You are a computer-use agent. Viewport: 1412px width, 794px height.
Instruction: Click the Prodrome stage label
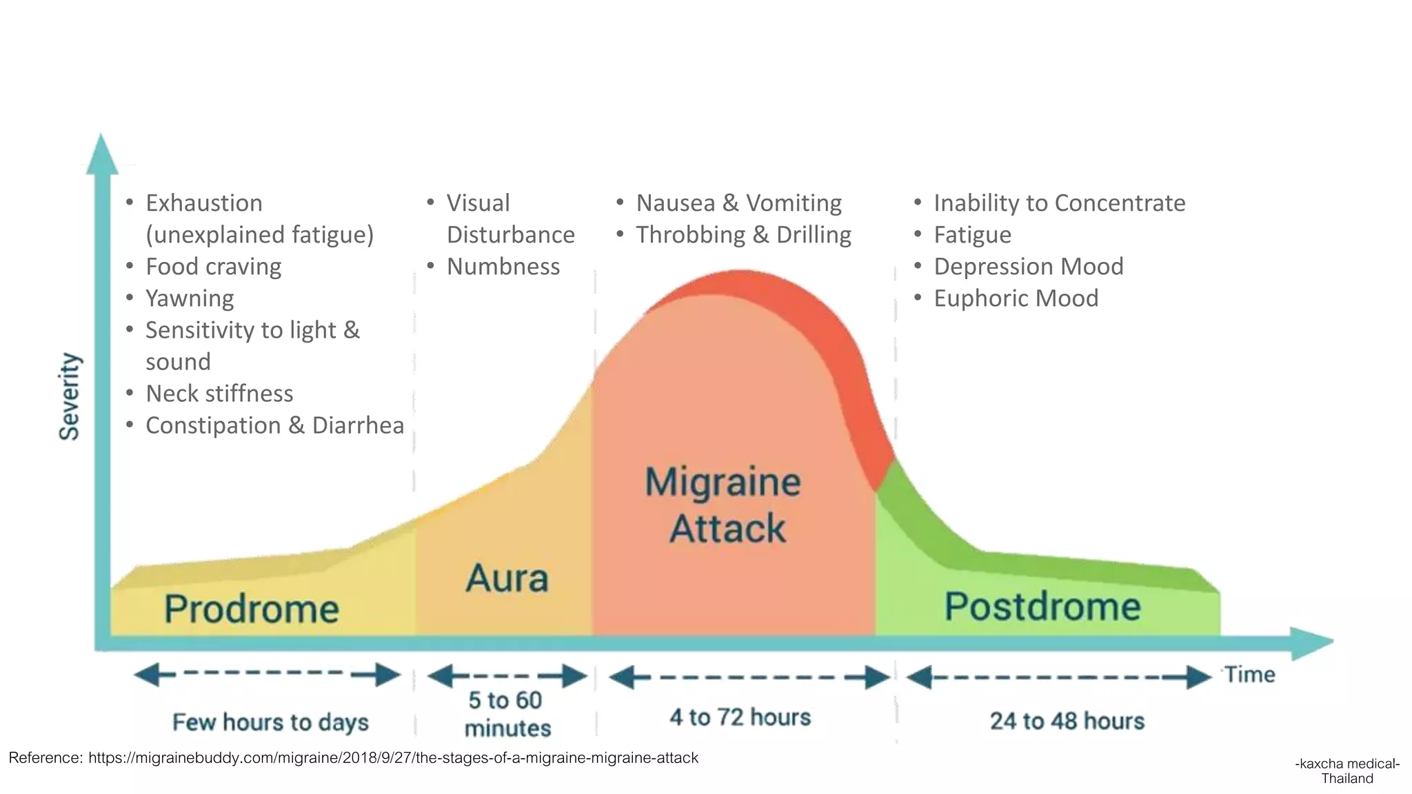[x=252, y=609]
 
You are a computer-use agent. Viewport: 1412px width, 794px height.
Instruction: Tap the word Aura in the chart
[x=507, y=578]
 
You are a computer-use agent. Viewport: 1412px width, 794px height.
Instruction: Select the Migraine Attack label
[x=725, y=505]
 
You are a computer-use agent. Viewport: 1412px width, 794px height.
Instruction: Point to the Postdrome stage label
[x=1042, y=607]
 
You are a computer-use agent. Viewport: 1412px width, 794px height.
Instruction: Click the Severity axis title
[x=70, y=396]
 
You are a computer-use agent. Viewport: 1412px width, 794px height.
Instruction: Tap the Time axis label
[x=1249, y=675]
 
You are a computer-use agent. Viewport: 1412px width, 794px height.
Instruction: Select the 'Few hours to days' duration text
[x=270, y=722]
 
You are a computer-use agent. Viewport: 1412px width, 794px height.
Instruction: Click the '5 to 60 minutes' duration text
[x=507, y=714]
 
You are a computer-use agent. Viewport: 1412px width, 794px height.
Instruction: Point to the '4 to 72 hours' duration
[x=740, y=717]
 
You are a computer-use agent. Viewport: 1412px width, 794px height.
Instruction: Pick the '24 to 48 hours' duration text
[x=1067, y=721]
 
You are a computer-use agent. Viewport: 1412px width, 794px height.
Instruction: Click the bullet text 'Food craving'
[x=214, y=267]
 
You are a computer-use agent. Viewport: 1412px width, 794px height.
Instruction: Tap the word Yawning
[x=190, y=298]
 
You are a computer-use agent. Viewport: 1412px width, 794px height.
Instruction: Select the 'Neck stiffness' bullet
[x=219, y=394]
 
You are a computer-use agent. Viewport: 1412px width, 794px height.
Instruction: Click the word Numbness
[x=503, y=267]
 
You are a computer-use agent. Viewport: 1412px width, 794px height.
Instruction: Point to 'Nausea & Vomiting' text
[x=738, y=203]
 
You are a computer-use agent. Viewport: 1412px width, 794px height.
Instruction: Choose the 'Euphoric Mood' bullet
[x=1016, y=298]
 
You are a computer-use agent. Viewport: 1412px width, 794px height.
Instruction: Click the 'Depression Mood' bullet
[x=1028, y=267]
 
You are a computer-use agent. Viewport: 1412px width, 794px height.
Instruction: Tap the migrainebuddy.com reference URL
[x=393, y=758]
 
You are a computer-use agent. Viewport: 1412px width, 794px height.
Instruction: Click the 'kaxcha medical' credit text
[x=1347, y=764]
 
